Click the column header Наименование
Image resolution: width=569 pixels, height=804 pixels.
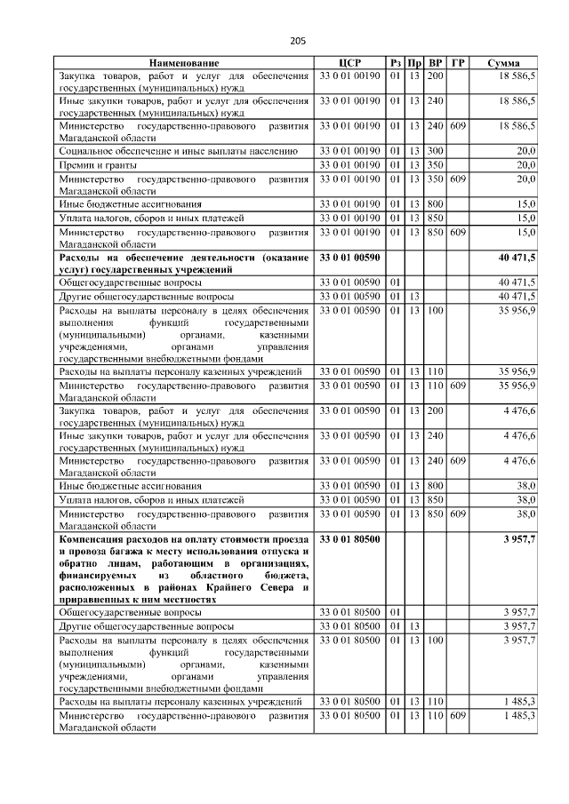click(x=184, y=64)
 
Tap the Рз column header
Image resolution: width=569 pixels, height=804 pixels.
click(x=396, y=64)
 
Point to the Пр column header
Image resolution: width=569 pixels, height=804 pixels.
click(x=414, y=64)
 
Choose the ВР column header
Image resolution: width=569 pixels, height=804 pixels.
click(x=436, y=64)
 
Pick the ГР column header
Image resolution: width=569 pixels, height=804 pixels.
click(x=457, y=64)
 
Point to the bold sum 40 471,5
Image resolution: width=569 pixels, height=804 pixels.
click(x=517, y=258)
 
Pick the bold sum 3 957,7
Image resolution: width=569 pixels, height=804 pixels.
click(x=518, y=539)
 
